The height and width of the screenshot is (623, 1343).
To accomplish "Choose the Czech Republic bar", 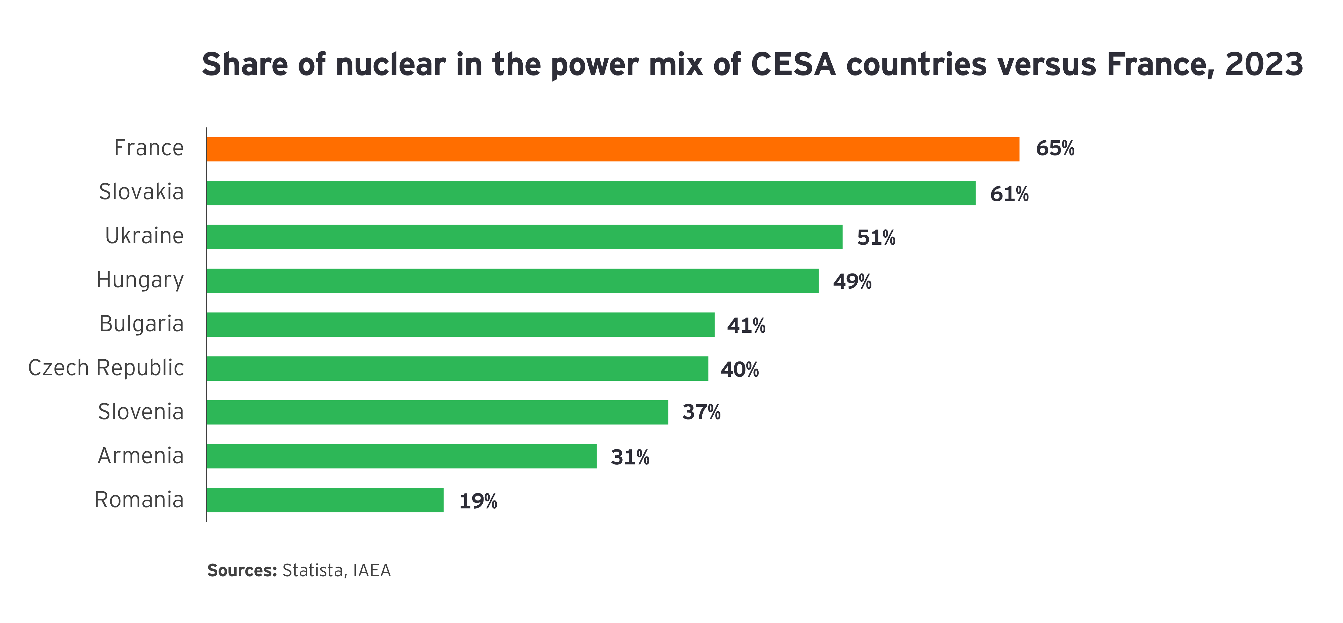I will click(457, 368).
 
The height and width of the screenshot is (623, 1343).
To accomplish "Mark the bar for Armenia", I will click(401, 456).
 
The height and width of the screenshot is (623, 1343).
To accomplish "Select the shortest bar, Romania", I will click(325, 500).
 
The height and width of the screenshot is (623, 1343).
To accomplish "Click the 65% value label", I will click(1055, 148).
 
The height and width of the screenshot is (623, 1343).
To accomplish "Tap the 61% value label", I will click(1009, 194).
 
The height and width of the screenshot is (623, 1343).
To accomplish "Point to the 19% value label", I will click(477, 501).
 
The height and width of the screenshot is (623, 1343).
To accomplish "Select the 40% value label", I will click(739, 370).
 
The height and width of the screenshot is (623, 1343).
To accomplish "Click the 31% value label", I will click(630, 457).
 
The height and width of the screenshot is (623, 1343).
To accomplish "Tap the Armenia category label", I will click(141, 456).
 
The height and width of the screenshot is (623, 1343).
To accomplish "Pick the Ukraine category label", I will click(144, 236).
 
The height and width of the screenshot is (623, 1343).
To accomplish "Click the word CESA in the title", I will click(793, 65).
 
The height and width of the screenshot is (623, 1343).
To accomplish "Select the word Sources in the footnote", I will click(242, 570).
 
